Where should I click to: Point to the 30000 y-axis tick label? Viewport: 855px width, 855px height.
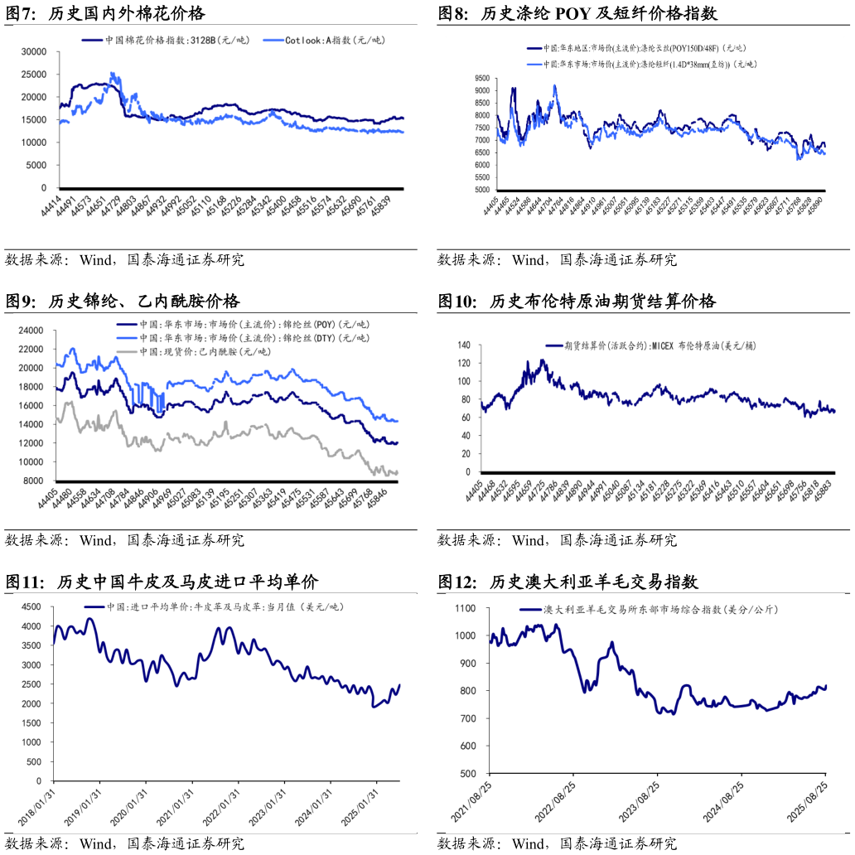pos(32,51)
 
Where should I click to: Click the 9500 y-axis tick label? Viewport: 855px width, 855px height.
pos(481,78)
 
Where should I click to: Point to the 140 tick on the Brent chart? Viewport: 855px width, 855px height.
pos(463,345)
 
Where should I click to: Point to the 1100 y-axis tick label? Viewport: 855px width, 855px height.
pos(465,608)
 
